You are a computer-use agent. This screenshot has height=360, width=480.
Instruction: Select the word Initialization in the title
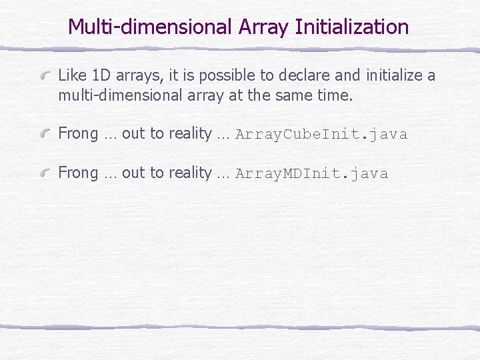tap(351, 27)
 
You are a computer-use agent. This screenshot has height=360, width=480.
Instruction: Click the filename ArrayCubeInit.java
tap(321, 135)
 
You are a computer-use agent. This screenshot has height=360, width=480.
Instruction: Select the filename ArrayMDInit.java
tap(311, 174)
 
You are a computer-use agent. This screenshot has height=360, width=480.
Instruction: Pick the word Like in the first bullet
tap(71, 75)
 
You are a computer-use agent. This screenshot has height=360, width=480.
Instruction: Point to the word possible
tap(209, 75)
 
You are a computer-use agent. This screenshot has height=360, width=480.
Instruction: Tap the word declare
tap(279, 75)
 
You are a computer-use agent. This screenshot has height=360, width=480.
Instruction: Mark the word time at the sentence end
tap(333, 95)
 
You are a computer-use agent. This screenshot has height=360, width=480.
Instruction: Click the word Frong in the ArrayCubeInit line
tap(78, 134)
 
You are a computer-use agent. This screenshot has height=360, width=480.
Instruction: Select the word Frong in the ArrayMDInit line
tap(78, 173)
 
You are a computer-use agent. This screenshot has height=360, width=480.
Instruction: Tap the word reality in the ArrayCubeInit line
tap(190, 134)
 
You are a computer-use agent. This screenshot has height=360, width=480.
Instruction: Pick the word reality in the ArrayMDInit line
tap(190, 173)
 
